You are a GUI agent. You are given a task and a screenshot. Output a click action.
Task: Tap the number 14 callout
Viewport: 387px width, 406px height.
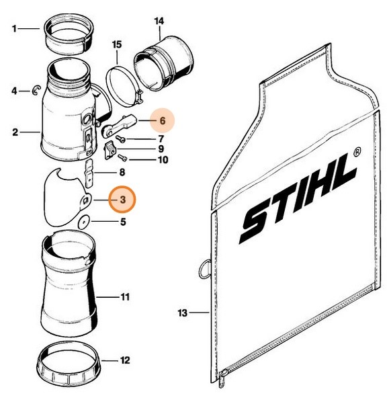[x=159, y=21]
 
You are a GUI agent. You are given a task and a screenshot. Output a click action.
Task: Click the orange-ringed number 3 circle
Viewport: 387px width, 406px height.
[x=122, y=200]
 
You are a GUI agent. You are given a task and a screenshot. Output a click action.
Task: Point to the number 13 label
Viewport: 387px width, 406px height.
[x=182, y=313]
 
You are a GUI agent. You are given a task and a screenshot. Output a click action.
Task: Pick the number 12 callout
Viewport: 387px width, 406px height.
[x=124, y=360]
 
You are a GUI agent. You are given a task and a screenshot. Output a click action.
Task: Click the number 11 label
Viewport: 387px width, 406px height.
[x=125, y=296]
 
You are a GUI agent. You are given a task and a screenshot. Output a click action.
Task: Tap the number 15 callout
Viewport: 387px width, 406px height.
[x=116, y=45]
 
